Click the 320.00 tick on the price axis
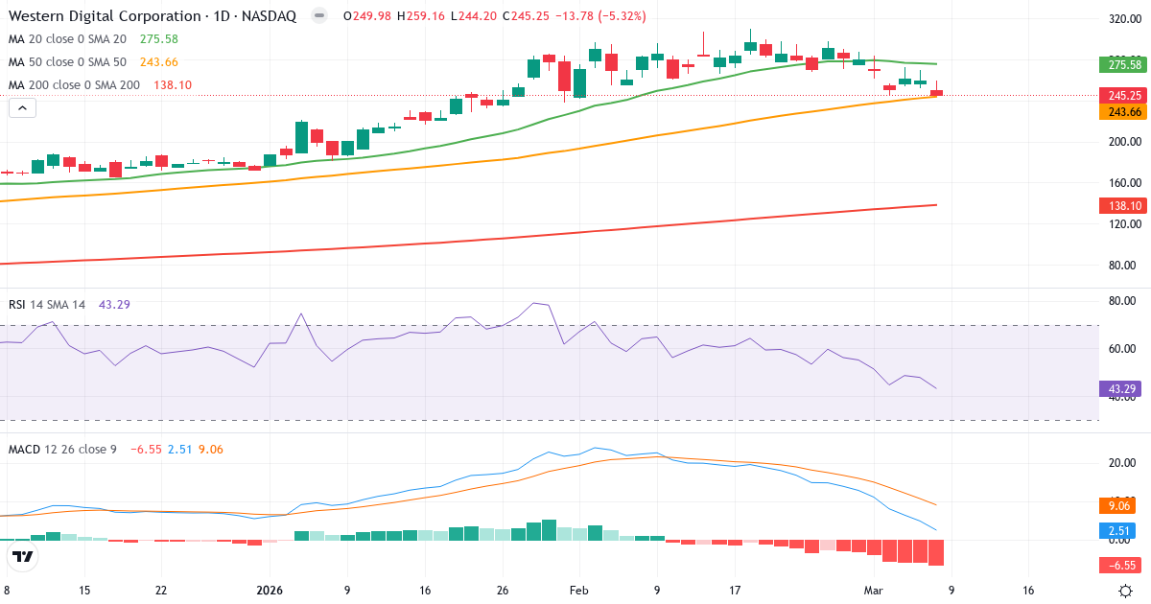1123,18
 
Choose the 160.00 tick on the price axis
1123,182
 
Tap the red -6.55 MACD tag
1120,565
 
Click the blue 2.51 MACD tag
1120,530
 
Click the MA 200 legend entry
74,84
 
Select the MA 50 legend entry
69,61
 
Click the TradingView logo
23,556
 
